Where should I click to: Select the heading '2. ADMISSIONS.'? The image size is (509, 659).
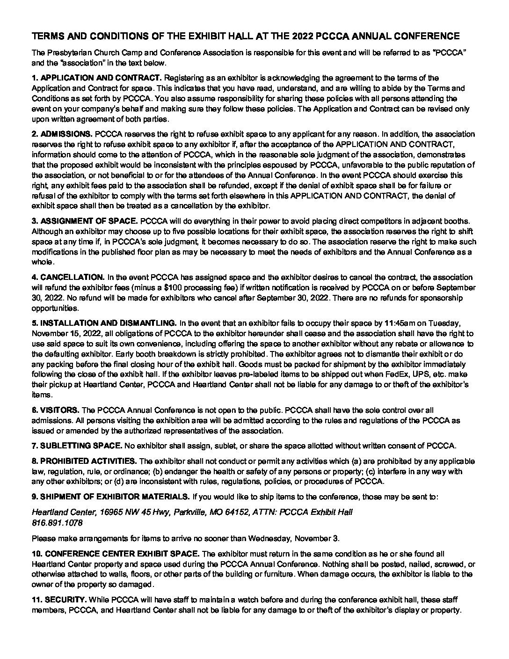(62, 134)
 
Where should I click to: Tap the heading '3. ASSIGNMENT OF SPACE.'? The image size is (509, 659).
(85, 221)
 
